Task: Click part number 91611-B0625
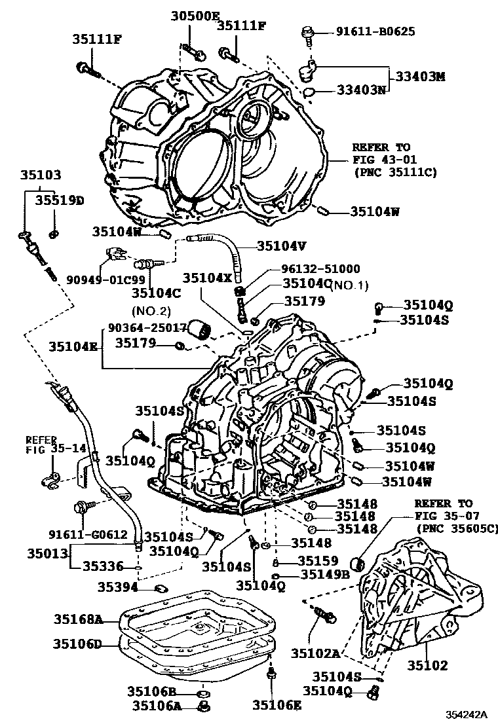375,31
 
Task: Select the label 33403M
419,77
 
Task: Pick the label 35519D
60,200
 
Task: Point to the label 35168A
78,618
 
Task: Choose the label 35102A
315,653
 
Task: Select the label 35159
318,560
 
